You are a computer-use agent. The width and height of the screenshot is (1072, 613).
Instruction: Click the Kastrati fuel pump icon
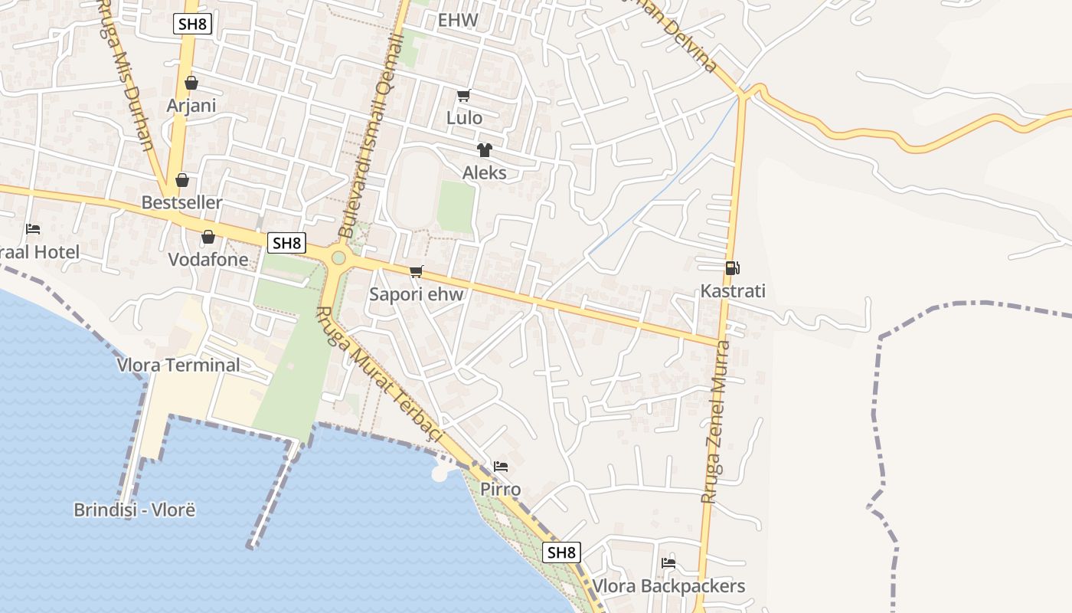pyautogui.click(x=733, y=268)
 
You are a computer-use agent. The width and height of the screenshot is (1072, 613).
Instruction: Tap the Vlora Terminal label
pyautogui.click(x=178, y=365)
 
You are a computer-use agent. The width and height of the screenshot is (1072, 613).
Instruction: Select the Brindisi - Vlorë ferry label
pyautogui.click(x=135, y=510)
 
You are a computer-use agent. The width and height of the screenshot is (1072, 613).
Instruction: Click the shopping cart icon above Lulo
pyautogui.click(x=463, y=96)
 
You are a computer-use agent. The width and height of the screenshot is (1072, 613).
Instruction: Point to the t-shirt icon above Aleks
pyautogui.click(x=484, y=150)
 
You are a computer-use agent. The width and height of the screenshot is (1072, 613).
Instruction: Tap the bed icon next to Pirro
pyautogui.click(x=501, y=466)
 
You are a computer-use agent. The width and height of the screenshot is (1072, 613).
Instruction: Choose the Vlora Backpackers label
pyautogui.click(x=668, y=586)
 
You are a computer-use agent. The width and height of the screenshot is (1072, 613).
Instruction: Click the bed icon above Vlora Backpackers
pyautogui.click(x=668, y=563)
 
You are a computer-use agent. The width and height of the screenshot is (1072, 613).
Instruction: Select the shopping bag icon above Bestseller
pyautogui.click(x=182, y=180)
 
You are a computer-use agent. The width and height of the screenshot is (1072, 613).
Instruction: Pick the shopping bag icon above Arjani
pyautogui.click(x=191, y=82)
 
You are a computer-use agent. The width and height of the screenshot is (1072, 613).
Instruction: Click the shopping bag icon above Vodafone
pyautogui.click(x=208, y=237)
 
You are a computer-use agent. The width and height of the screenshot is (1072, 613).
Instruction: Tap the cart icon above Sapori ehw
pyautogui.click(x=417, y=271)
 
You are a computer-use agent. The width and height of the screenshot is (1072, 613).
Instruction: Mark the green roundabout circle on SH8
pyautogui.click(x=338, y=257)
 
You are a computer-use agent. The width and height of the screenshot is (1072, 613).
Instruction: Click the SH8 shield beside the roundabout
pyautogui.click(x=286, y=243)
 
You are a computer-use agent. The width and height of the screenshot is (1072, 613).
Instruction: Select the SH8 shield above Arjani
pyautogui.click(x=192, y=24)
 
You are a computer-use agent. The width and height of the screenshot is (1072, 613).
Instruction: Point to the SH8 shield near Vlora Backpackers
pyautogui.click(x=561, y=552)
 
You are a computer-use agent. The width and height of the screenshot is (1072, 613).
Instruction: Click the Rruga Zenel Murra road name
pyautogui.click(x=717, y=421)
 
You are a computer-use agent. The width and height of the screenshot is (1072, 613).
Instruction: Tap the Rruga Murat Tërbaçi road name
pyautogui.click(x=380, y=374)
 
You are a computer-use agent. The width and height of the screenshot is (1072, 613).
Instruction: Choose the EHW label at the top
pyautogui.click(x=458, y=20)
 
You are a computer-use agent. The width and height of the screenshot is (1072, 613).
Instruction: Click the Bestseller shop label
pyautogui.click(x=182, y=202)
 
